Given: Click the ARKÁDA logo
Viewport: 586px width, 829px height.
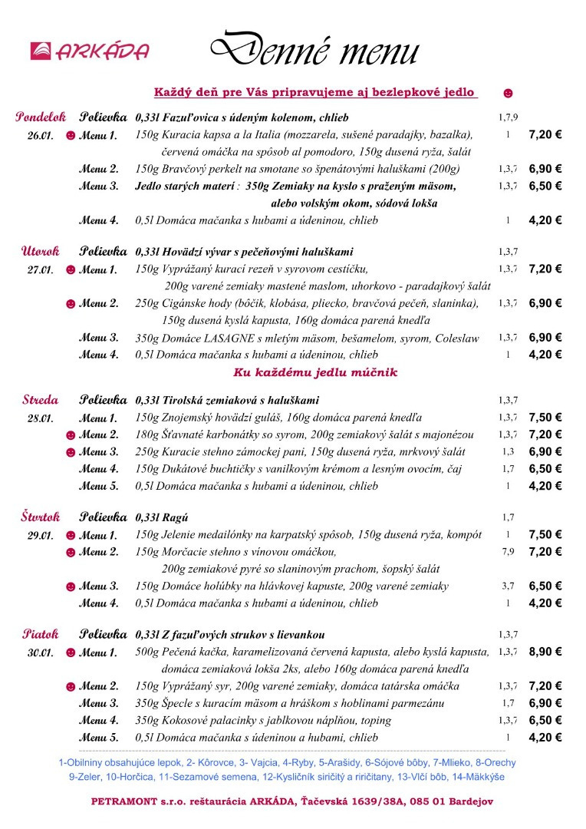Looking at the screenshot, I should click(89, 51).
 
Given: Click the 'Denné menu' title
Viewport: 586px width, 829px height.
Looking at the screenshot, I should click(314, 49).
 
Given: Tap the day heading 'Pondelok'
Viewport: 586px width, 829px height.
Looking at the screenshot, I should click(41, 117).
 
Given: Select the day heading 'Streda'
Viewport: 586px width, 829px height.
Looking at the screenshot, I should click(41, 400).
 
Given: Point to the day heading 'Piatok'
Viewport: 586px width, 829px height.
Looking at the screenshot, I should click(41, 635).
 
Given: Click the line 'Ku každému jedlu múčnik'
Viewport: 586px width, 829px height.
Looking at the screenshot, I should click(315, 373).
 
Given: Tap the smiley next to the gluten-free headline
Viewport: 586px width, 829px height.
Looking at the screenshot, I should click(508, 93).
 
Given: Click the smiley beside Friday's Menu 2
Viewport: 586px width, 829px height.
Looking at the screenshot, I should click(71, 686).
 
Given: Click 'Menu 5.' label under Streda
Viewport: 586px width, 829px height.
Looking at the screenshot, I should click(99, 486).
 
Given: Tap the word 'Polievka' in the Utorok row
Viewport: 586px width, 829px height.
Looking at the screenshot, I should click(103, 251).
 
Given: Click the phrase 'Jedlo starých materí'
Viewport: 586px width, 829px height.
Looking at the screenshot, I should click(185, 187).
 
